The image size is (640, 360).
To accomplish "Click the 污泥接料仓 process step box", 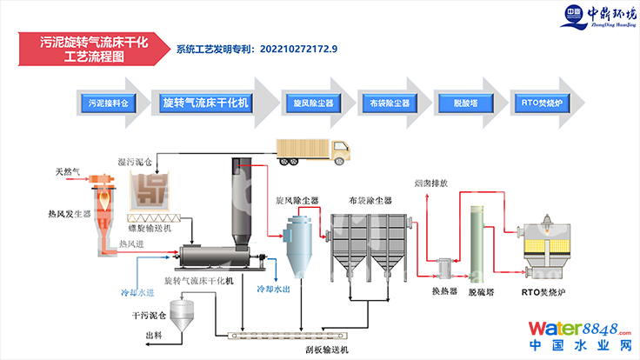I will [107, 103].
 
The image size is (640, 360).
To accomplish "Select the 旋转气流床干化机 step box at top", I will [206, 103].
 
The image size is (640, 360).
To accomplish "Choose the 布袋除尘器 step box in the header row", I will [383, 103].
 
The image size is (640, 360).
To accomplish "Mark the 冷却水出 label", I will [273, 287].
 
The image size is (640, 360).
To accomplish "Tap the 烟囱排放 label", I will [430, 184].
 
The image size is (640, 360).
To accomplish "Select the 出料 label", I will [153, 335].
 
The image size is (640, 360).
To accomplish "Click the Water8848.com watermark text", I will [577, 330].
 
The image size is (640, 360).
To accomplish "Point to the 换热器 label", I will [444, 291].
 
